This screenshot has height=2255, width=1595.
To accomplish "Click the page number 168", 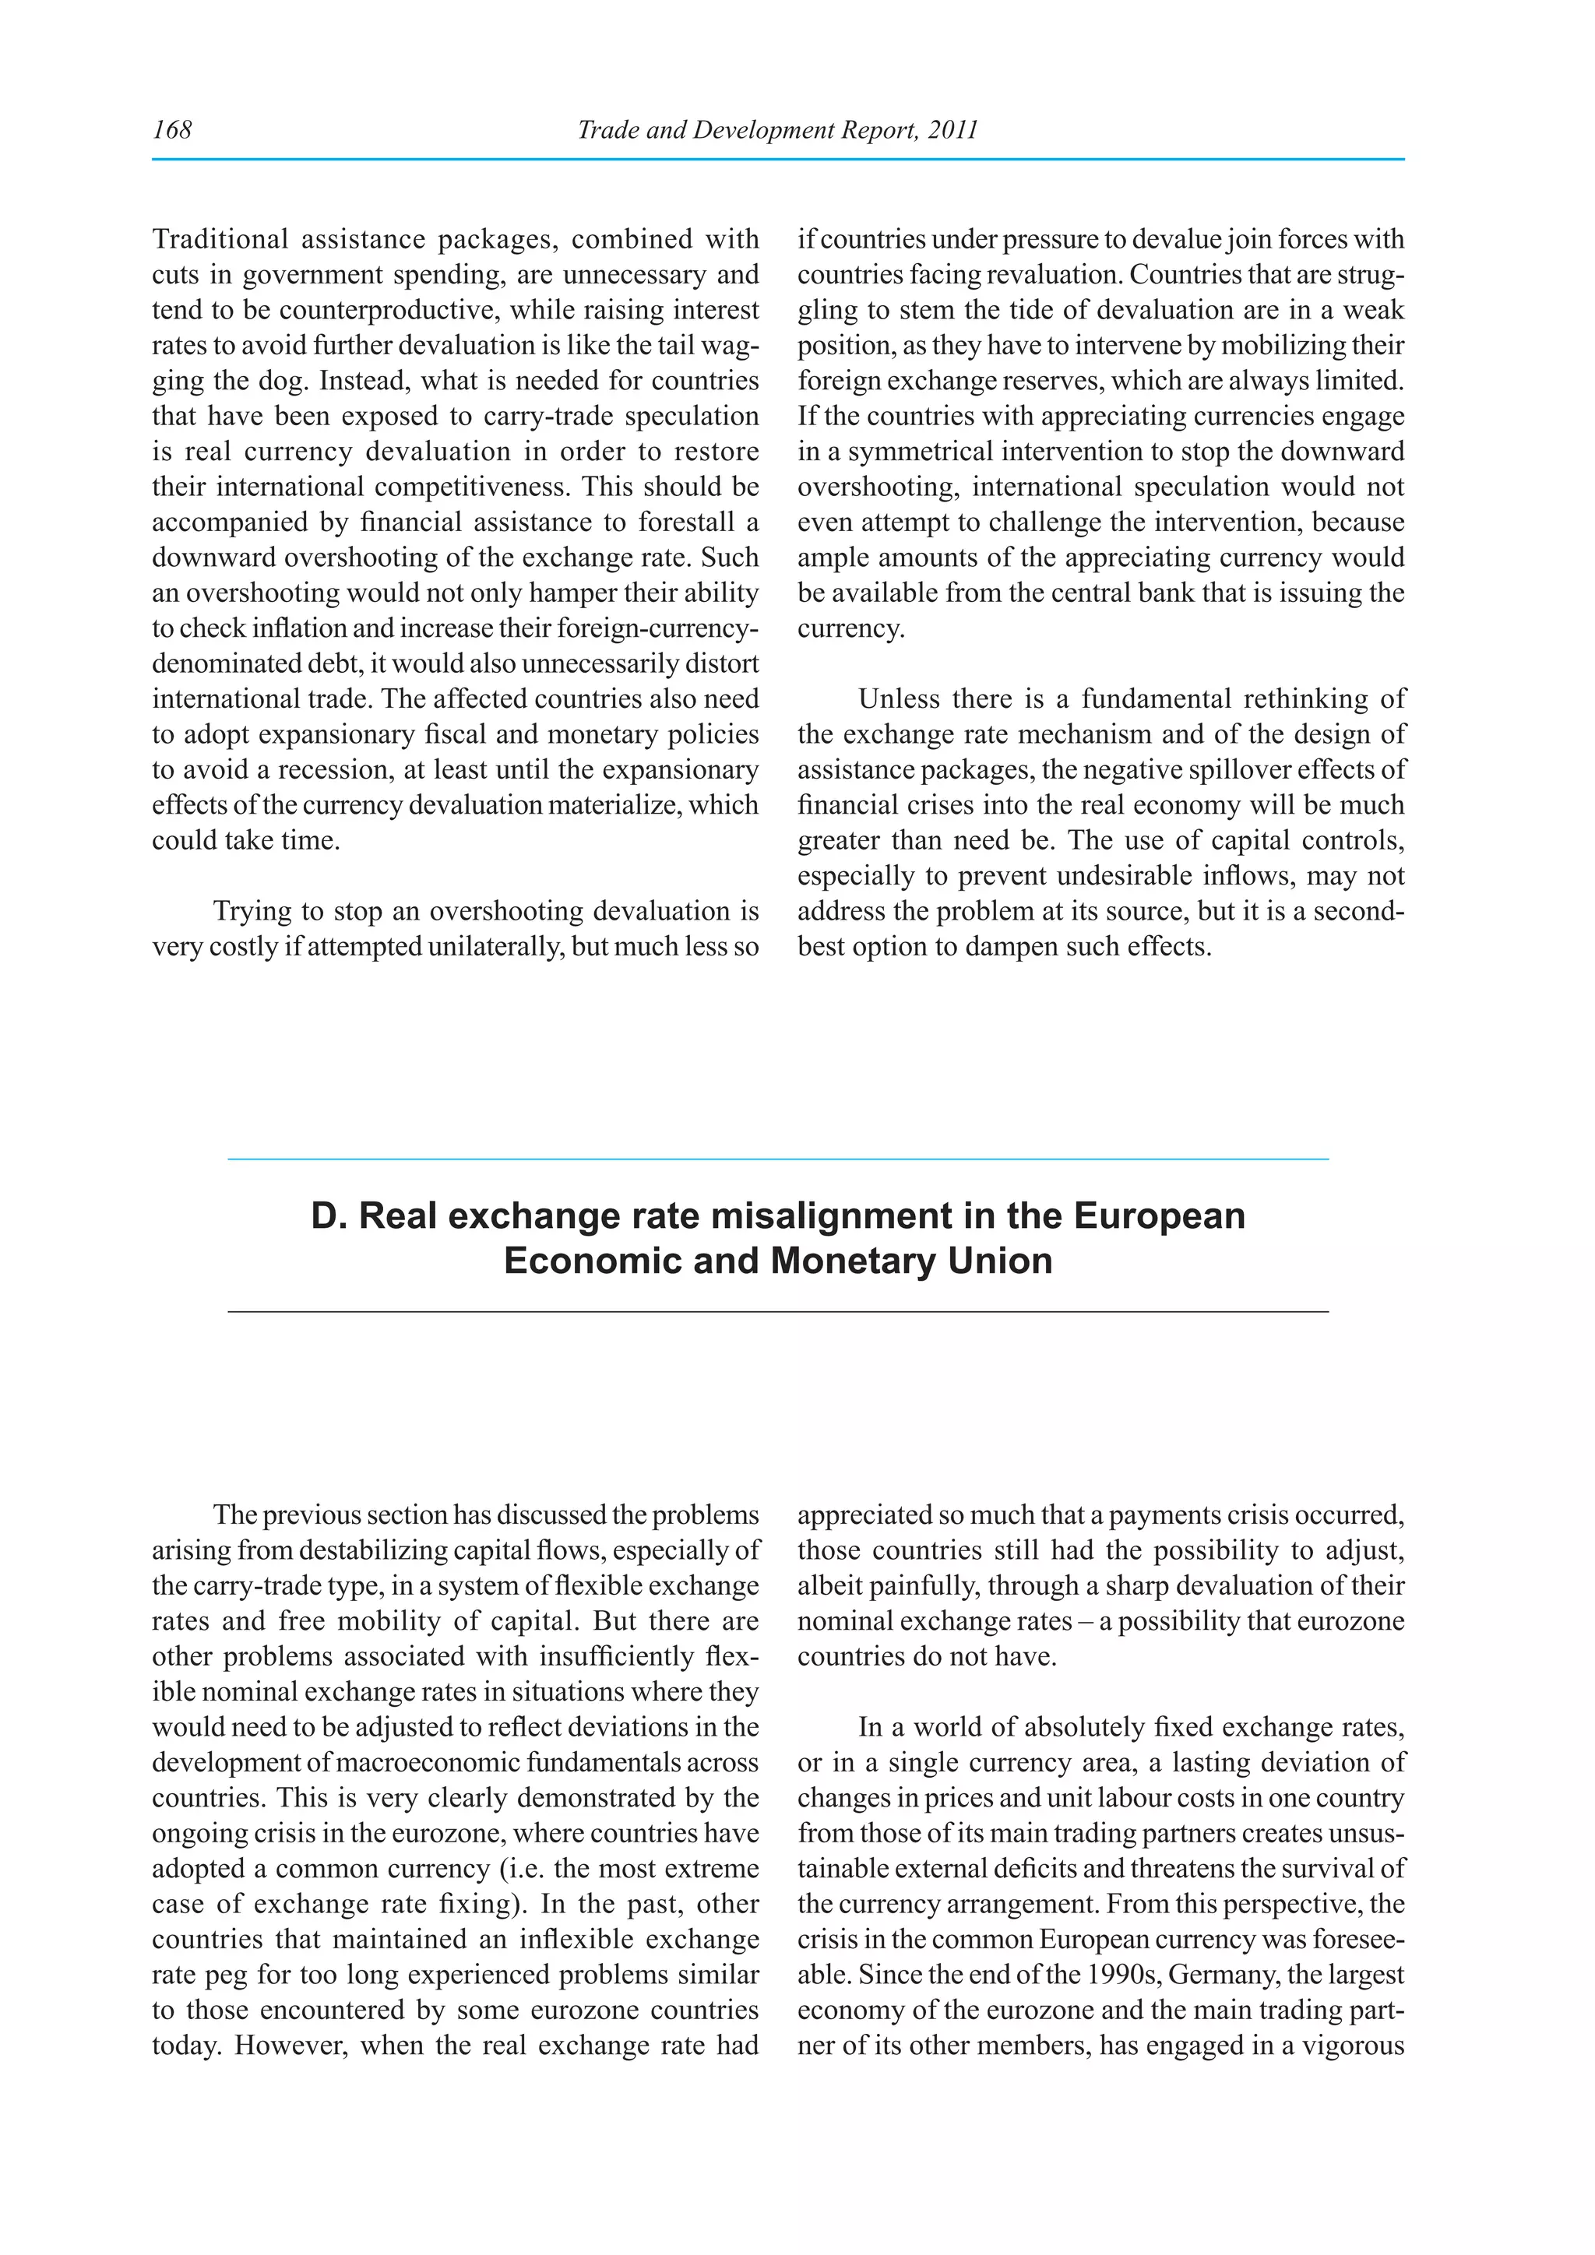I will click(x=172, y=129).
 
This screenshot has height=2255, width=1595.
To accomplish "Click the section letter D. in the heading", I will click(x=328, y=1216).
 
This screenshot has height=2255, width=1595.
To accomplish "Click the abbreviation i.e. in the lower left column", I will click(x=526, y=1869).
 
